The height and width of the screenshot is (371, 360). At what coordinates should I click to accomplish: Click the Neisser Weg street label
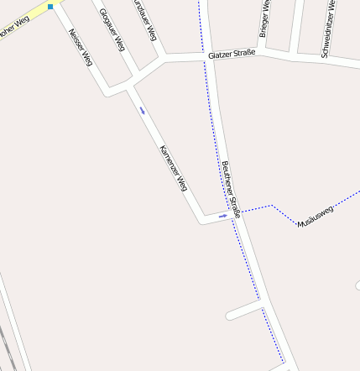click(x=81, y=49)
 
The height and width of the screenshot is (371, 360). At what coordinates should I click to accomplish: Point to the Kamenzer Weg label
click(x=172, y=168)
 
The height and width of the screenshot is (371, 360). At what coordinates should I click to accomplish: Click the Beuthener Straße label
click(x=232, y=189)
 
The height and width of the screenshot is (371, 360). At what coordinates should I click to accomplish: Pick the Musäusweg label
click(x=316, y=217)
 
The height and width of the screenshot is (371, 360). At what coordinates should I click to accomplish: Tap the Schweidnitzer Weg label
click(x=329, y=29)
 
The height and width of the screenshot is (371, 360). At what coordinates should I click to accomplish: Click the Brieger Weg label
click(x=264, y=18)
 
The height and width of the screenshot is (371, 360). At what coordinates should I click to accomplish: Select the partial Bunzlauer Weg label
click(x=144, y=18)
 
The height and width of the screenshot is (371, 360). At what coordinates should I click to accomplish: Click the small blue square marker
click(x=50, y=7)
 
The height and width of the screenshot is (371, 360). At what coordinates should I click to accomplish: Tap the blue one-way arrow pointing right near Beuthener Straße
click(x=222, y=216)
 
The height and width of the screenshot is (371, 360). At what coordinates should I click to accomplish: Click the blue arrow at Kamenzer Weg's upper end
click(x=143, y=110)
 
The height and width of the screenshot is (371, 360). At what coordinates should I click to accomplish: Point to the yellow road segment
click(x=29, y=15)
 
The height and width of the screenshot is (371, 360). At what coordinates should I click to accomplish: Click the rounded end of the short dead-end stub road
click(x=230, y=316)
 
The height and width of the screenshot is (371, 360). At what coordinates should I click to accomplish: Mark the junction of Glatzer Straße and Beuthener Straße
click(x=210, y=56)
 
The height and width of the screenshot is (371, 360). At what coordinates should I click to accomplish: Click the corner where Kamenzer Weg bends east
click(x=203, y=221)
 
